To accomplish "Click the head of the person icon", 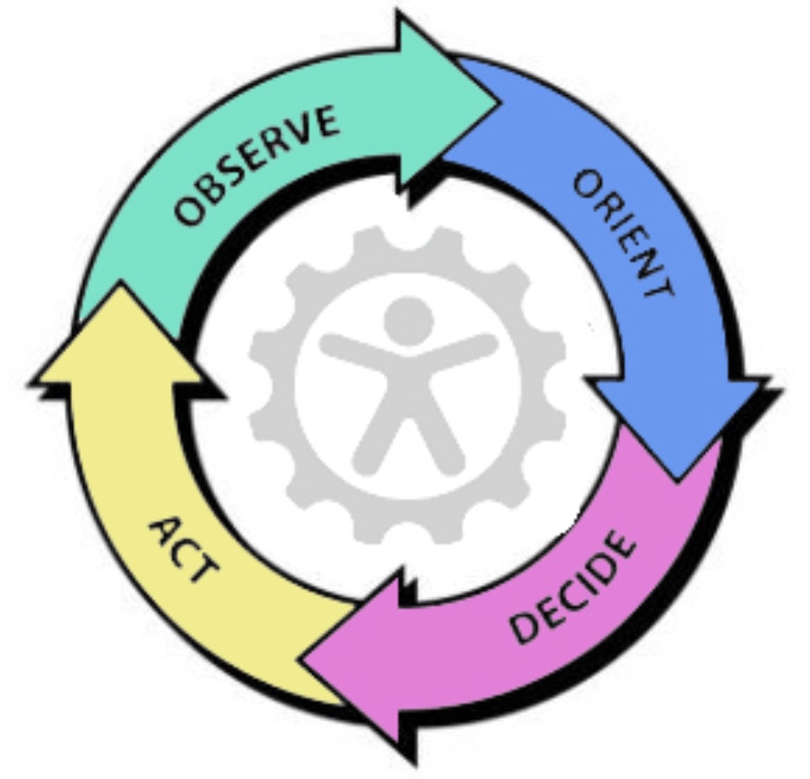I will (408, 321).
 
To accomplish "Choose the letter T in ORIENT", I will (662, 288).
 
